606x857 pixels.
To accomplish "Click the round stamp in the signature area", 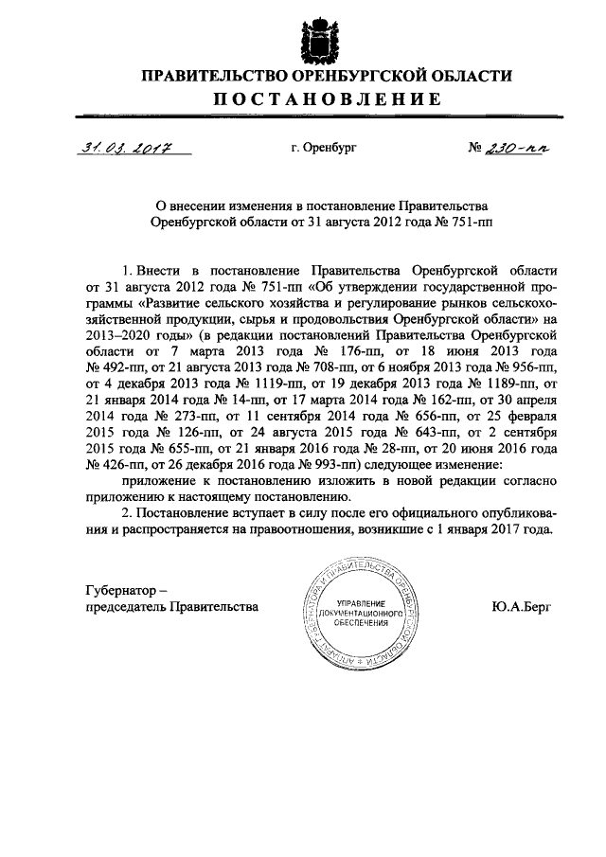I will point(359,612).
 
